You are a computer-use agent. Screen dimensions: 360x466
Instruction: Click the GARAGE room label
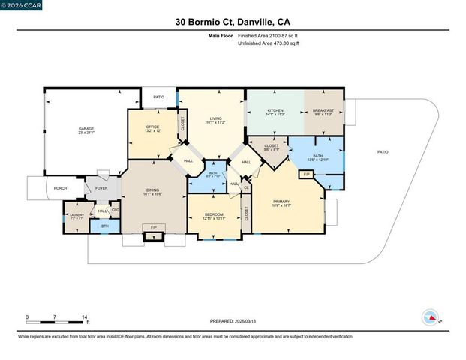click(86, 129)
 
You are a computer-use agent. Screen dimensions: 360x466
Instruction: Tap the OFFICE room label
click(152, 126)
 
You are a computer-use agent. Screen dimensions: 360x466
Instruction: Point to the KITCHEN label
click(275, 111)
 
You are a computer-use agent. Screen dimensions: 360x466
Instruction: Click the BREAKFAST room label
click(323, 111)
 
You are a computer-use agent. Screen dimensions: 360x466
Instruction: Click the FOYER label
click(101, 188)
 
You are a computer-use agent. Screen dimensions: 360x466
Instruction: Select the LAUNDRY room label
click(76, 215)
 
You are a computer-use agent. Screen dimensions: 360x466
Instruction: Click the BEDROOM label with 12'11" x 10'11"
click(215, 215)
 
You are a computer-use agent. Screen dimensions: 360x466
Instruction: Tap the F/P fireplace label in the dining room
click(154, 226)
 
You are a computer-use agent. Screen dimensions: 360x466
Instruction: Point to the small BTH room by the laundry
click(105, 226)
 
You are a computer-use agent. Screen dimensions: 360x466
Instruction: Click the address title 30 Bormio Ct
click(233, 22)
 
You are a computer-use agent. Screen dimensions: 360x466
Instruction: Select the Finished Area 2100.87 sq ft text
click(268, 36)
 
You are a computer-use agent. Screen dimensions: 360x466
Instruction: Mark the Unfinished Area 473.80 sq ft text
click(268, 44)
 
